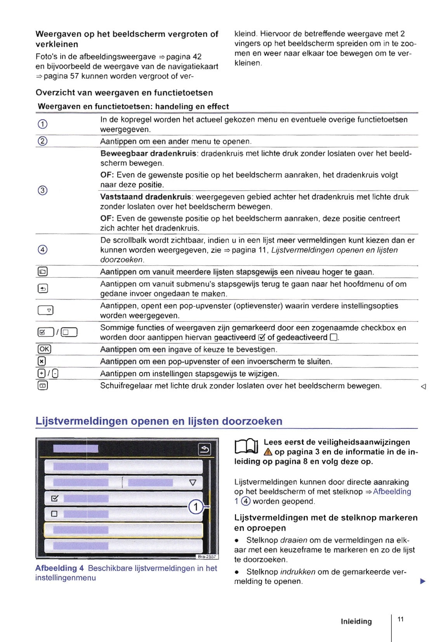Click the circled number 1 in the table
(x=42, y=124)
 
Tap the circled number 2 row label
(x=42, y=141)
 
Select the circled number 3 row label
(x=42, y=190)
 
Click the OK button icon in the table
(x=44, y=349)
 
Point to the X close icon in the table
(x=42, y=361)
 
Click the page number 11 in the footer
(x=401, y=619)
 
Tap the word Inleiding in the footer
(x=356, y=621)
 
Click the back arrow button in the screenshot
(x=205, y=449)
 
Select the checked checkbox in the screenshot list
(x=54, y=498)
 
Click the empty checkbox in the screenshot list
(x=54, y=514)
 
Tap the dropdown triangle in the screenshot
(x=193, y=483)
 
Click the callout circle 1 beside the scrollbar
(x=196, y=507)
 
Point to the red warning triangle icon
(x=268, y=452)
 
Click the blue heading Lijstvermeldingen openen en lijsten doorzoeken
(x=159, y=421)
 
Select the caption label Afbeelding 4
(x=59, y=568)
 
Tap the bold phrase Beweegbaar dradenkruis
(x=148, y=153)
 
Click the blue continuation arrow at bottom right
(x=423, y=581)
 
